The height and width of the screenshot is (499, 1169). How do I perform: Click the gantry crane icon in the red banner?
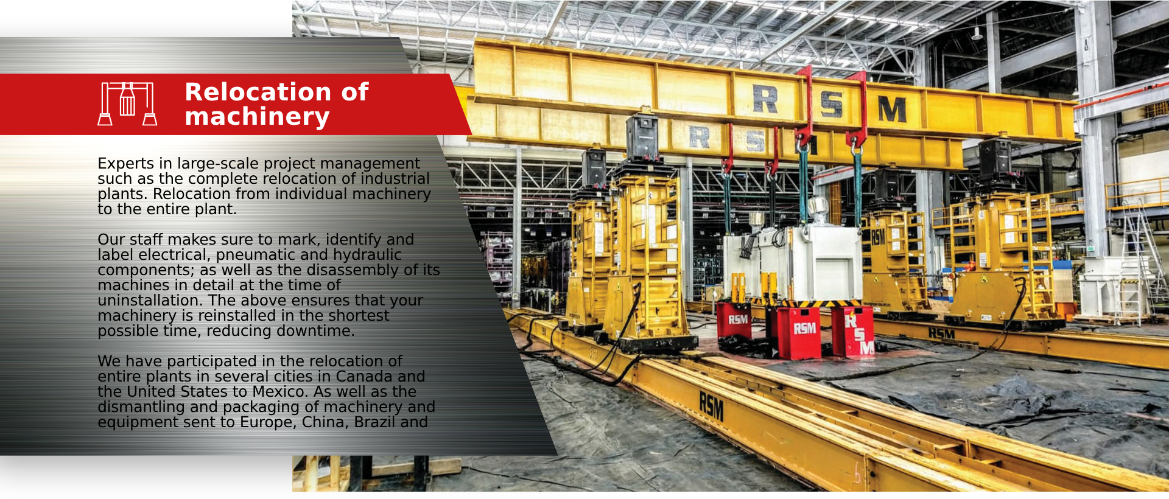click(x=127, y=103)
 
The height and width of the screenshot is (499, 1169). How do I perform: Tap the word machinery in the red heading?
click(x=257, y=116)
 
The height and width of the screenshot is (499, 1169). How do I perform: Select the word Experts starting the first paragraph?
click(x=125, y=164)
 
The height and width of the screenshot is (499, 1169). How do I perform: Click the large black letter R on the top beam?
click(x=765, y=99)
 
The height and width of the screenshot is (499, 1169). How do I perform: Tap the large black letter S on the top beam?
click(x=831, y=104)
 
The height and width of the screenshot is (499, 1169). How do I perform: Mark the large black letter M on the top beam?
click(x=892, y=110)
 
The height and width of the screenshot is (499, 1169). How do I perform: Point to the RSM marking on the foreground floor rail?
click(x=711, y=406)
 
